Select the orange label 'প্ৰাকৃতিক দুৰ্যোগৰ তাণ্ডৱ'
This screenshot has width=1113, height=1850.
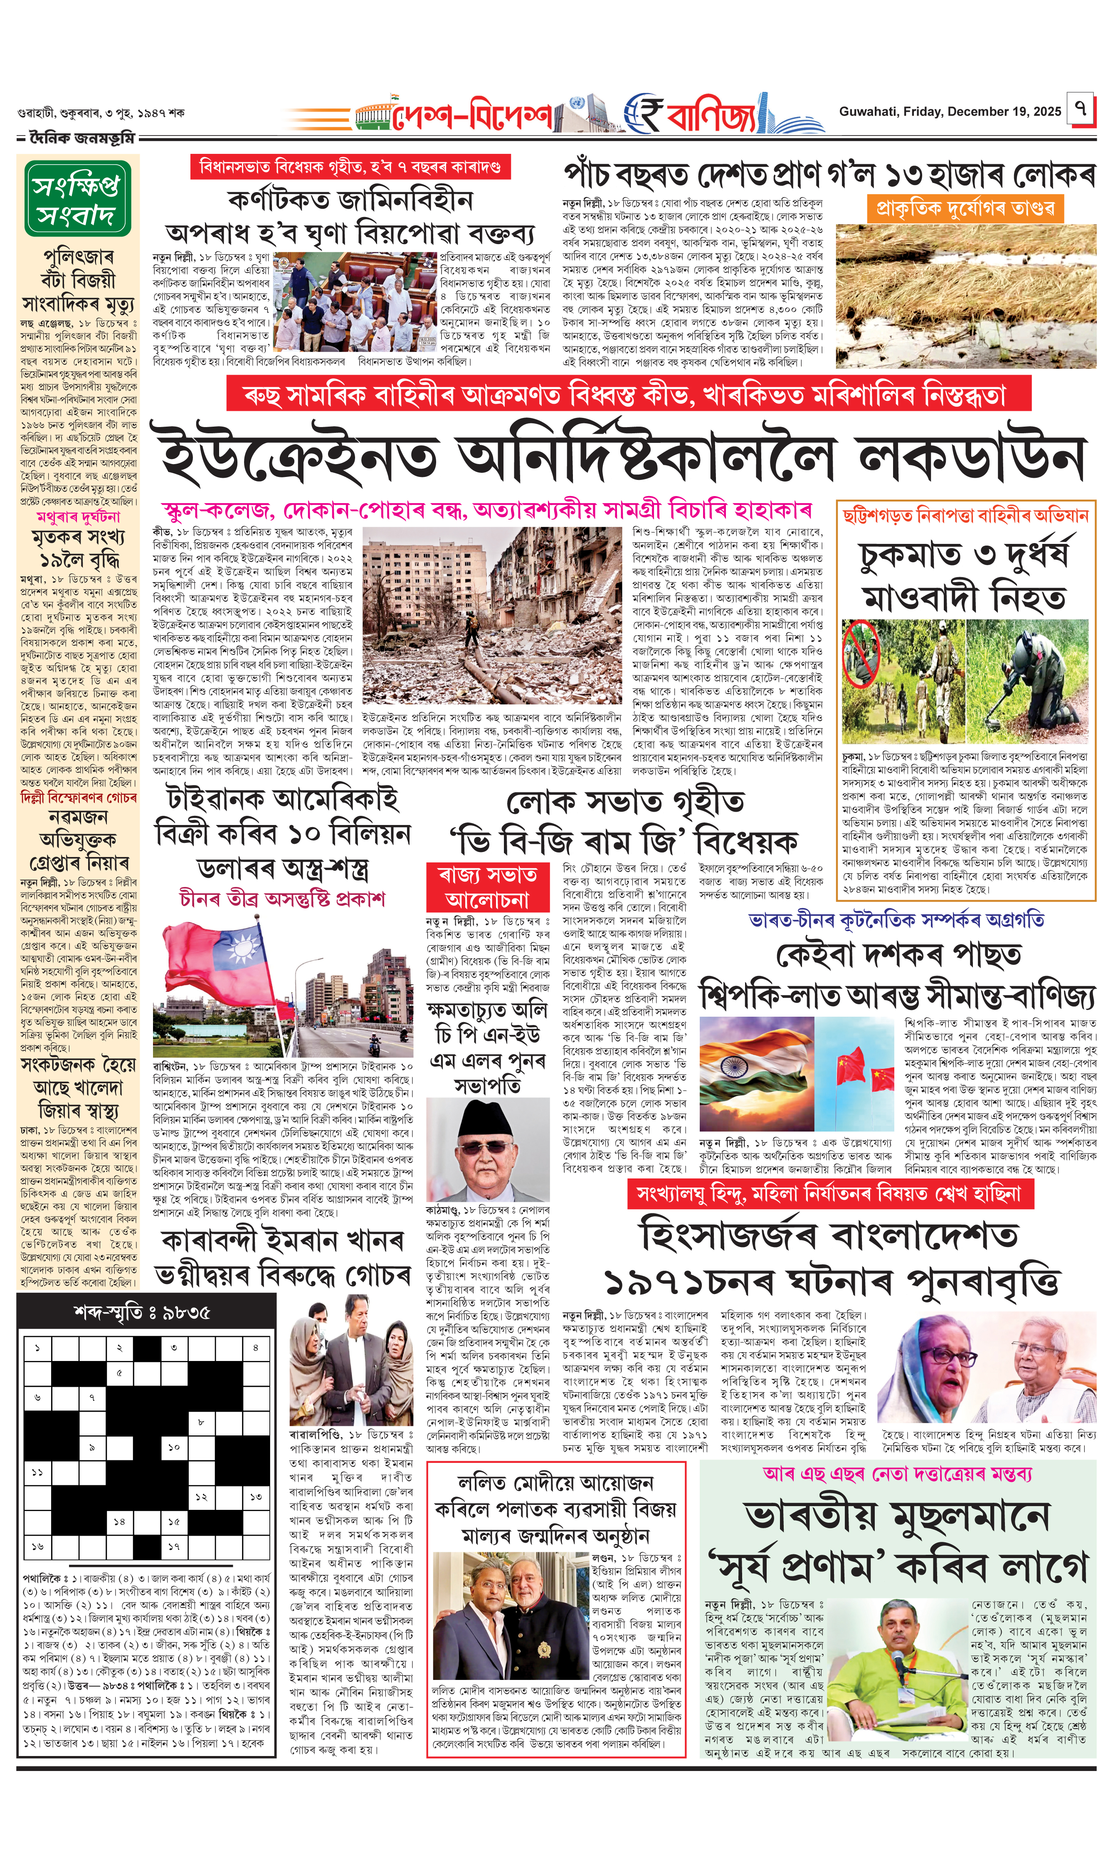tap(966, 208)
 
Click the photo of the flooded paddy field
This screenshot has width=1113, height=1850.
tap(966, 296)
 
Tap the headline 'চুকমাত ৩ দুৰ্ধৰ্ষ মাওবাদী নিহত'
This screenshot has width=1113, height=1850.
tap(965, 576)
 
